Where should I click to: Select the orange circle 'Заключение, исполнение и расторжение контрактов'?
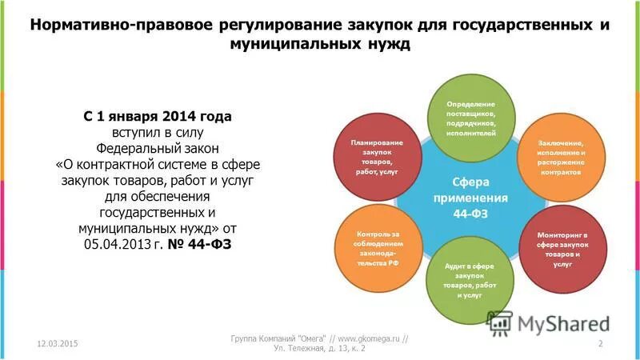561,156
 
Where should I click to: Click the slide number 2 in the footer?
600,343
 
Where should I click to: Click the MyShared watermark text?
564,323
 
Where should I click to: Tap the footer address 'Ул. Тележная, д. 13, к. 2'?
320,350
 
